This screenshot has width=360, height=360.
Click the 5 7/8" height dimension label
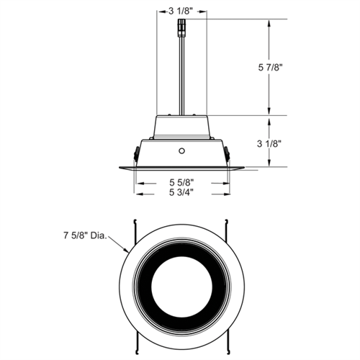[269, 68]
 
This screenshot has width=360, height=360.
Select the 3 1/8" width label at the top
[181, 12]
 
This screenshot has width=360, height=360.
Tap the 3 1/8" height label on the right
[269, 144]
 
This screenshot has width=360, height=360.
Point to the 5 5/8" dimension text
[181, 183]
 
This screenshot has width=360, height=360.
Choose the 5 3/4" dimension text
[181, 192]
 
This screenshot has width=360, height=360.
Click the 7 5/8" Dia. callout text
[85, 235]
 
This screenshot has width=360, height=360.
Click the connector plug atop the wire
[181, 28]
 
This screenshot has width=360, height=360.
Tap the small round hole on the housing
[182, 151]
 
